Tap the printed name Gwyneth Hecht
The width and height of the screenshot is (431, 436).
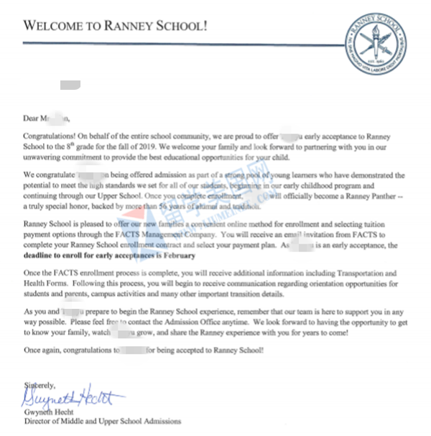pyautogui.click(x=49, y=411)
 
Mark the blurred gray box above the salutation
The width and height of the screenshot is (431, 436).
pyautogui.click(x=70, y=86)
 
